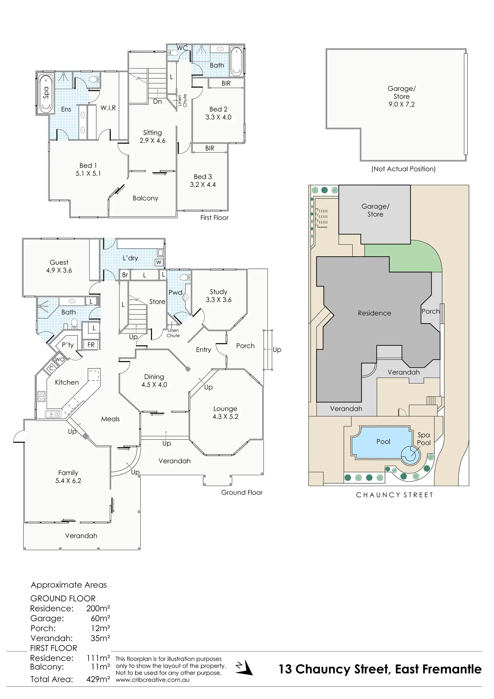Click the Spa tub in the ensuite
coord(46,93)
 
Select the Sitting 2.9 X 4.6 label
coord(152,136)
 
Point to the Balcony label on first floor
coord(145,198)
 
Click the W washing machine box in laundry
coord(159,262)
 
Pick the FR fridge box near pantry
coord(91,345)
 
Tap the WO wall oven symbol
coord(60,359)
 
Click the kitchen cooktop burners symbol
coord(41,396)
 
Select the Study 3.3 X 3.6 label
coord(218,296)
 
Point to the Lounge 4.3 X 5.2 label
coord(225,412)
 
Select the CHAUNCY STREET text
coord(395,495)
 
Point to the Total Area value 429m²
coord(98,679)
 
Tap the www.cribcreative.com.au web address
coord(152,680)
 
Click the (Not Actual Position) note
coord(403,169)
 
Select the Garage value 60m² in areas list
coord(100,618)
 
